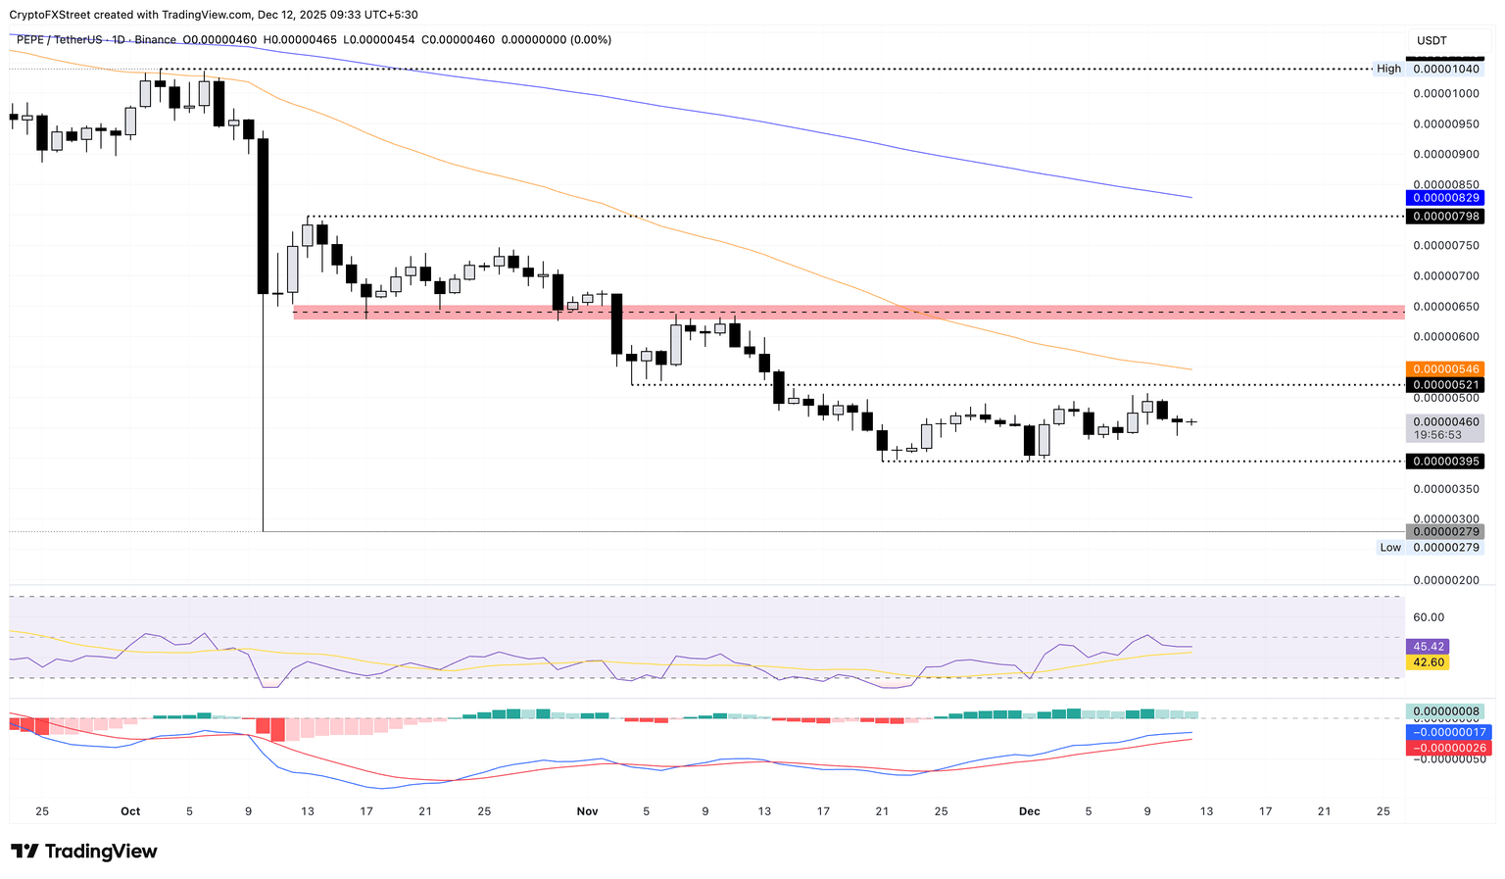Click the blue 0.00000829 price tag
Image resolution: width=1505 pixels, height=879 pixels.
click(x=1443, y=198)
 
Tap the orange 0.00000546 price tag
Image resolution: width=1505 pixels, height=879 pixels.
click(x=1443, y=369)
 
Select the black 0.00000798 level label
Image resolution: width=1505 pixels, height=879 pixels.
click(x=1443, y=216)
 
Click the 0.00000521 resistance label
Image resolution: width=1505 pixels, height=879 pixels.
click(x=1443, y=385)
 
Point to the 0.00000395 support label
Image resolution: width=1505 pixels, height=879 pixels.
click(x=1443, y=462)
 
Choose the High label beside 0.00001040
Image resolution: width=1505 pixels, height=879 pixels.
click(x=1388, y=69)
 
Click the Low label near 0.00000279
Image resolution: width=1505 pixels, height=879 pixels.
click(x=1390, y=548)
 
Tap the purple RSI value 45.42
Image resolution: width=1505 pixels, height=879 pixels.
click(x=1426, y=647)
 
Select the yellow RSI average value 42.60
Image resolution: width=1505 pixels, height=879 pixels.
click(x=1426, y=662)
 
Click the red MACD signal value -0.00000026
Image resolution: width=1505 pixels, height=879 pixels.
click(x=1446, y=748)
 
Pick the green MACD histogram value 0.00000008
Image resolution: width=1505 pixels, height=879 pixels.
click(x=1445, y=711)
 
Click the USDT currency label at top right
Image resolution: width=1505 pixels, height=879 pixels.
click(x=1432, y=40)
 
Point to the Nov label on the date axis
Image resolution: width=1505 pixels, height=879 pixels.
click(x=587, y=811)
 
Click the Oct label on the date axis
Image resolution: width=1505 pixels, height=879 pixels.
click(x=130, y=811)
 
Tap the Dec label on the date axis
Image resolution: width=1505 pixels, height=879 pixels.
click(x=1029, y=811)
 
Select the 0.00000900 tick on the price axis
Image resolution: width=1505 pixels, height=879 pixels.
click(x=1445, y=155)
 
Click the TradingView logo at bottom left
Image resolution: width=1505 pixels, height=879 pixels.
click(x=84, y=852)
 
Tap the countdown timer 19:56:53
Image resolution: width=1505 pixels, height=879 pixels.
click(x=1436, y=434)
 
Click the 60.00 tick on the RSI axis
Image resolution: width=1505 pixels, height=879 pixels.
click(x=1429, y=617)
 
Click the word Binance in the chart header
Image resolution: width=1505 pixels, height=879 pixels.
click(x=155, y=40)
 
